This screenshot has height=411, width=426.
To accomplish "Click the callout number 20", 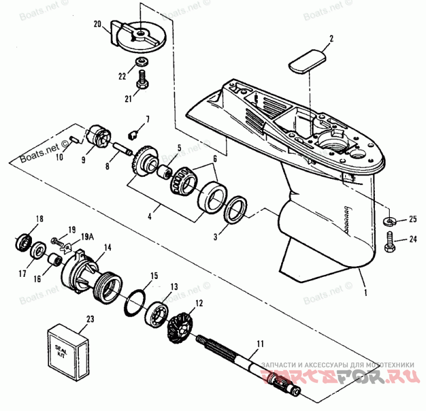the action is [96, 24].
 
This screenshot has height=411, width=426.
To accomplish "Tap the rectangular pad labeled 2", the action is [307, 60].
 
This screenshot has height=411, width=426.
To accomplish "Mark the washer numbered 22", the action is [142, 63].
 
